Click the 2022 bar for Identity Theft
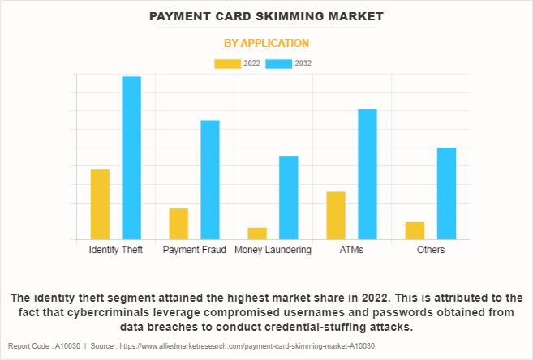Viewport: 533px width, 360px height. click(100, 204)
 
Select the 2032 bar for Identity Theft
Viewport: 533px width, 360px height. click(131, 158)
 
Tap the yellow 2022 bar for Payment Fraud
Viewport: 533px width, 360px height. click(178, 224)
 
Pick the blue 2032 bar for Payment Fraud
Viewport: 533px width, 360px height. click(210, 180)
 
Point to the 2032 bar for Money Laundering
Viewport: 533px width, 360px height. click(289, 198)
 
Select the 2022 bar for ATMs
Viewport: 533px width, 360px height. click(336, 216)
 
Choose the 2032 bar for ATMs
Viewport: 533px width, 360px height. click(368, 174)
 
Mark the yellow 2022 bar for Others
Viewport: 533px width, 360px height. click(415, 230)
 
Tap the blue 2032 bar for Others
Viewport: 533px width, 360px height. click(446, 194)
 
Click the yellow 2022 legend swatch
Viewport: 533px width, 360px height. click(227, 63)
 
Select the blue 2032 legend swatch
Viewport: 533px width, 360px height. click(278, 63)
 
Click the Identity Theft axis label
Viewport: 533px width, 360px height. click(115, 250)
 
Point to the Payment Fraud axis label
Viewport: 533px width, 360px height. click(194, 250)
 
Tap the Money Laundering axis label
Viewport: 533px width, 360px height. click(273, 250)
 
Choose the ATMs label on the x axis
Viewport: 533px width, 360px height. click(351, 250)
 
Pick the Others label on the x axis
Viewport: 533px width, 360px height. click(431, 250)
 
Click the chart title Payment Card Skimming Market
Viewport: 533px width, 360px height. click(267, 16)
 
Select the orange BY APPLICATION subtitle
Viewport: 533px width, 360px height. click(267, 43)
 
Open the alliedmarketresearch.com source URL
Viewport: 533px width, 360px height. click(243, 345)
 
